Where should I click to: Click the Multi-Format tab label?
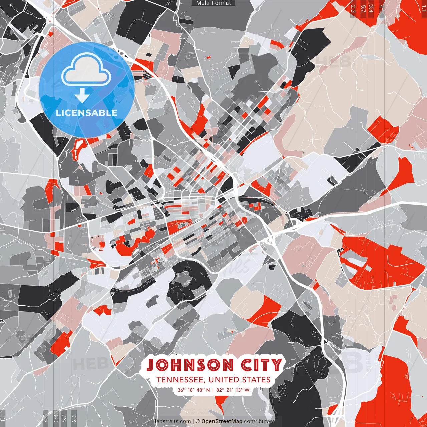(213, 3)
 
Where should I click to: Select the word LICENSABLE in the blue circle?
(87, 113)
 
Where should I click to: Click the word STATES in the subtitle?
(257, 380)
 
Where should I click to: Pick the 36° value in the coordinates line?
(181, 390)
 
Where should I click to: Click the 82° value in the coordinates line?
(220, 390)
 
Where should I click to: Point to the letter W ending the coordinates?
(247, 390)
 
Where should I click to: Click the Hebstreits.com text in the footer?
(171, 422)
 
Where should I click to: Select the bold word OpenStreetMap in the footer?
(222, 422)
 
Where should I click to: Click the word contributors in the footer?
(259, 422)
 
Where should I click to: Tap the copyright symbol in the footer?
(198, 422)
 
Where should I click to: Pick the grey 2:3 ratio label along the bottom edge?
(74, 418)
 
